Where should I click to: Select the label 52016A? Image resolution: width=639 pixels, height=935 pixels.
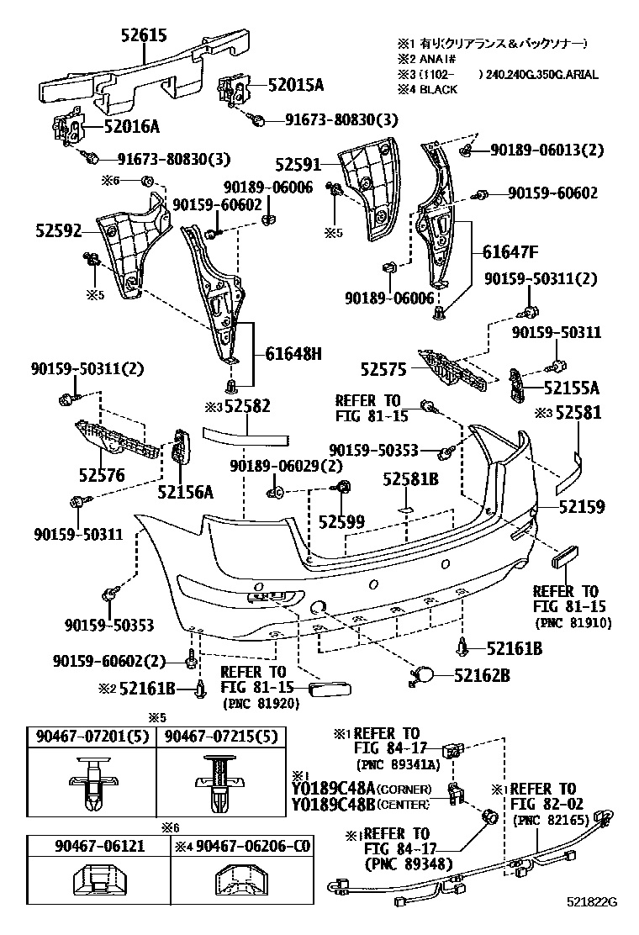pos(132,127)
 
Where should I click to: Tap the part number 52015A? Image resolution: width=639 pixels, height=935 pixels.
pos(296,85)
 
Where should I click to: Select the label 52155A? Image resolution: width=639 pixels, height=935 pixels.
pos(571,388)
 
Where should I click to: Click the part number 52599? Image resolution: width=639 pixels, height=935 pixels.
pos(341,522)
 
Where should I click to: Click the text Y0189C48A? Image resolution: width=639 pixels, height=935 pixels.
pos(333,789)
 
